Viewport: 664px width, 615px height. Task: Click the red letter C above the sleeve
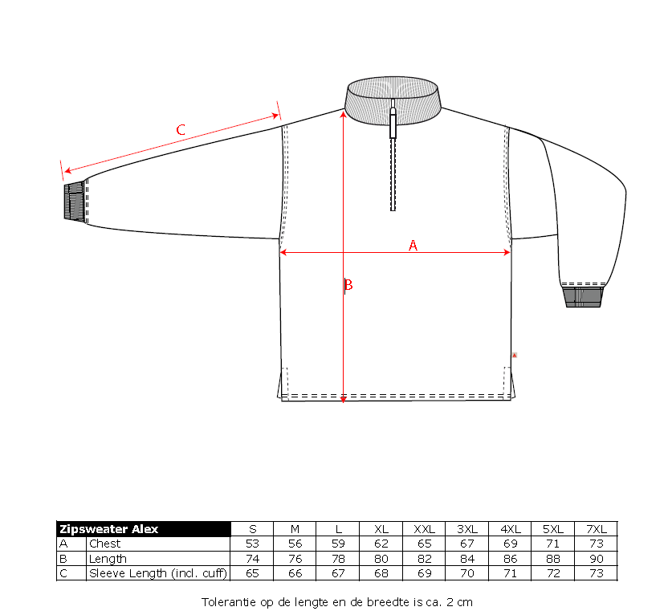181,129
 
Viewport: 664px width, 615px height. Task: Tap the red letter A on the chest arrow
413,245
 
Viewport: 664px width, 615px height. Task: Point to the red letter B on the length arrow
348,285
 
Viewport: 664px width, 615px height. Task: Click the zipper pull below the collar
393,123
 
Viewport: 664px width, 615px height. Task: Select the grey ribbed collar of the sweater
393,101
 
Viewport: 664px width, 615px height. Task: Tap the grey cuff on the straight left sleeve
75,202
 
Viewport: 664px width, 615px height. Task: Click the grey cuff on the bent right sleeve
583,296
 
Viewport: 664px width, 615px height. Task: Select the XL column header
381,529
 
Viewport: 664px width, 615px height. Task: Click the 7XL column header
597,529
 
